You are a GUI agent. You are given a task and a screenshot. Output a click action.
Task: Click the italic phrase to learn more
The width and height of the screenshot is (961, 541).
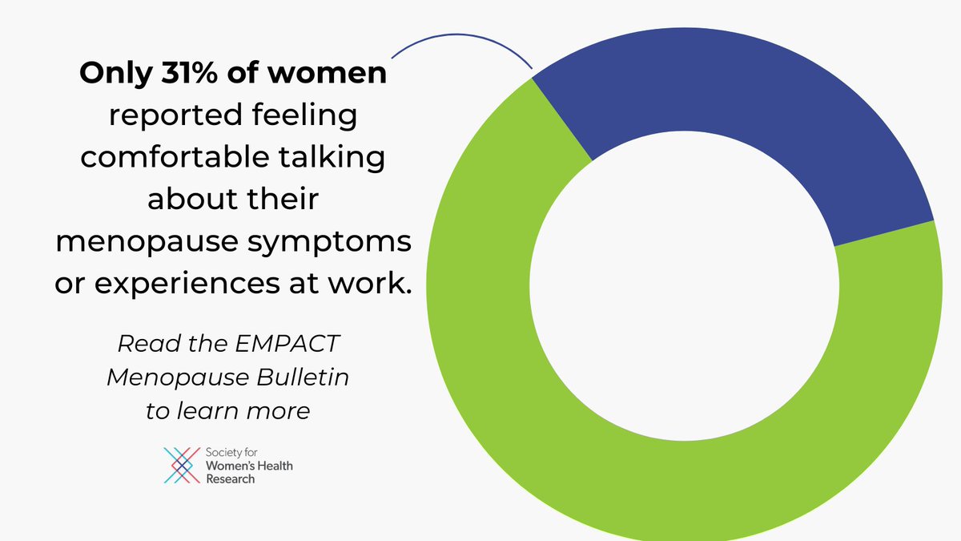[227, 411]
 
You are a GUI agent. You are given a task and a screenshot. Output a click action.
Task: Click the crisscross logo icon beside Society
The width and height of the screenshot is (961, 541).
[181, 466]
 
